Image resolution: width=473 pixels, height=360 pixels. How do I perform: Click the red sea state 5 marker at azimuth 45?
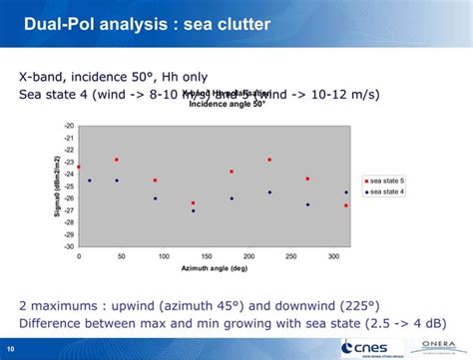pyautogui.click(x=117, y=160)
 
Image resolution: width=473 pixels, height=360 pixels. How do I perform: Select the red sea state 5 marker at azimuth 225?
pyautogui.click(x=269, y=160)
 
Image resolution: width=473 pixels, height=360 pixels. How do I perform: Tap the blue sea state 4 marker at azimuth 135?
pyautogui.click(x=194, y=210)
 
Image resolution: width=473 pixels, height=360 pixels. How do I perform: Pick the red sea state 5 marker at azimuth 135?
pyautogui.click(x=194, y=202)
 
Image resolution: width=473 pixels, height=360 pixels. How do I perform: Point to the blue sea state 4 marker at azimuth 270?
pyautogui.click(x=307, y=204)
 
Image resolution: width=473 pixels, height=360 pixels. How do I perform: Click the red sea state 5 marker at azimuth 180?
pyautogui.click(x=232, y=172)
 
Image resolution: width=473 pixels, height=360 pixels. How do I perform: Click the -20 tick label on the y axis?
pyautogui.click(x=69, y=126)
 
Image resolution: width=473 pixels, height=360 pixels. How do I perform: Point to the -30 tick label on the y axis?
pyautogui.click(x=69, y=246)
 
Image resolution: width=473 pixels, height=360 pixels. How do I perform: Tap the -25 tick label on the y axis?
pyautogui.click(x=69, y=186)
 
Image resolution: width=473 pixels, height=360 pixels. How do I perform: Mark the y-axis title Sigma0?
pyautogui.click(x=56, y=185)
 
